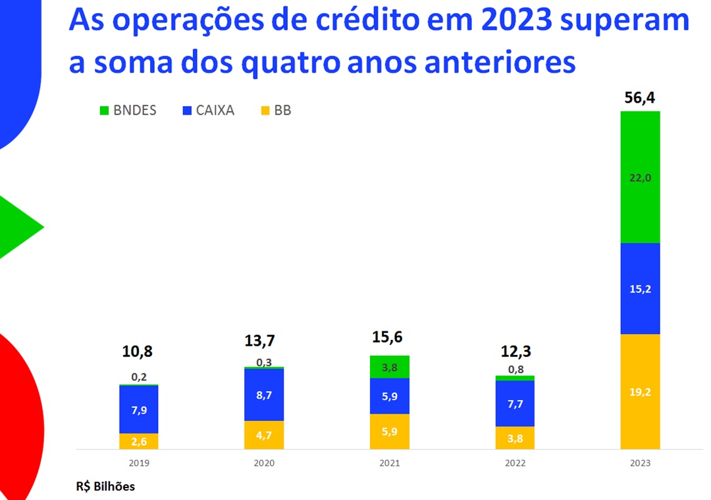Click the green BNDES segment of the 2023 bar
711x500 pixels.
click(x=640, y=177)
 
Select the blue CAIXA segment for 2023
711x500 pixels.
click(x=640, y=289)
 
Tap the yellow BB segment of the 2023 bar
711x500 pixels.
click(x=640, y=391)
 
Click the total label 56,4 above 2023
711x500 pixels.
click(x=640, y=99)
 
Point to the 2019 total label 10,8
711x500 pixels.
click(x=138, y=351)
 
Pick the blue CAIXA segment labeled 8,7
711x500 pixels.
click(x=264, y=394)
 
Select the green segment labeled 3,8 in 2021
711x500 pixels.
click(x=390, y=367)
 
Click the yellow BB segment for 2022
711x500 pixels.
click(x=515, y=437)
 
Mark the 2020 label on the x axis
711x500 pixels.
click(x=264, y=463)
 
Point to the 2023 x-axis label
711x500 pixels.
click(x=640, y=463)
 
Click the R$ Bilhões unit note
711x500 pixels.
click(x=105, y=487)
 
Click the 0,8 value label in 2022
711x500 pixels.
click(x=515, y=369)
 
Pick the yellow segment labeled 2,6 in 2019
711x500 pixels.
click(x=139, y=441)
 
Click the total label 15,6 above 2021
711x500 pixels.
click(x=390, y=337)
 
